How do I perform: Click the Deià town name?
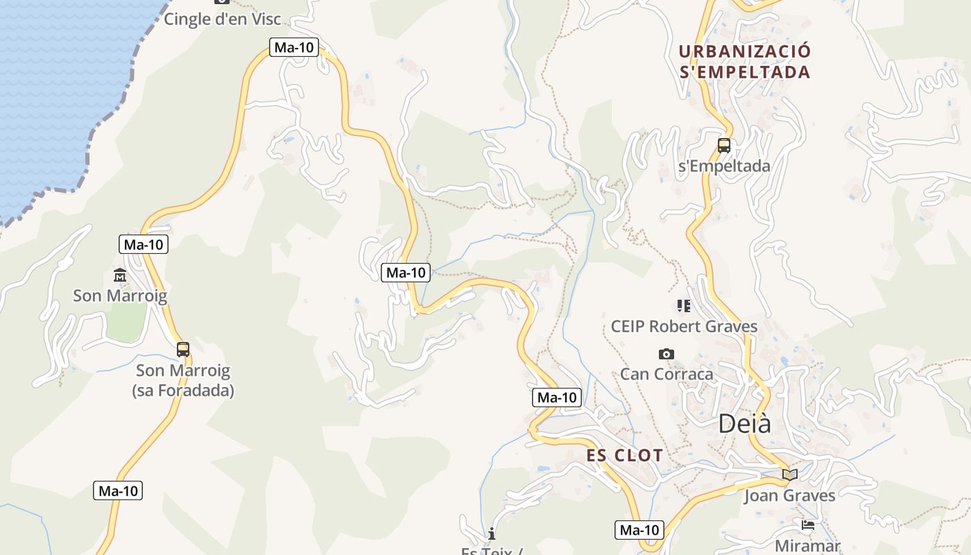(744, 423)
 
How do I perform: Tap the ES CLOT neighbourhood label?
(625, 456)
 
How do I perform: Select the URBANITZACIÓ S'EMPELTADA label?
(745, 62)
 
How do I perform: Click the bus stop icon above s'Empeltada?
(723, 146)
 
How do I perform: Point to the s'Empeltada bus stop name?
(723, 166)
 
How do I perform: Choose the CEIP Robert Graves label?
(684, 326)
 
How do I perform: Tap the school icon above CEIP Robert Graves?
(684, 305)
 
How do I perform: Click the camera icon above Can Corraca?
(666, 354)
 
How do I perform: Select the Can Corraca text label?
(666, 374)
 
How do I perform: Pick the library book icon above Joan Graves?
(789, 475)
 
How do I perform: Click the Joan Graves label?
(789, 495)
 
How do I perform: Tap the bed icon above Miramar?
(807, 525)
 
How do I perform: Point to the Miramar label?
(807, 546)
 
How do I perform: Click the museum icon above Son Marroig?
(120, 275)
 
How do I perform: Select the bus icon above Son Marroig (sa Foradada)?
(183, 350)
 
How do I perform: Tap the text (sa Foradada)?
(183, 391)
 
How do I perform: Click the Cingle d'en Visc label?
(222, 19)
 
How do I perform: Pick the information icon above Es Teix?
(492, 533)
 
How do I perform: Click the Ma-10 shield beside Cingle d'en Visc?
(294, 47)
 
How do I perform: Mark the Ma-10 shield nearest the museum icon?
(144, 244)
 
